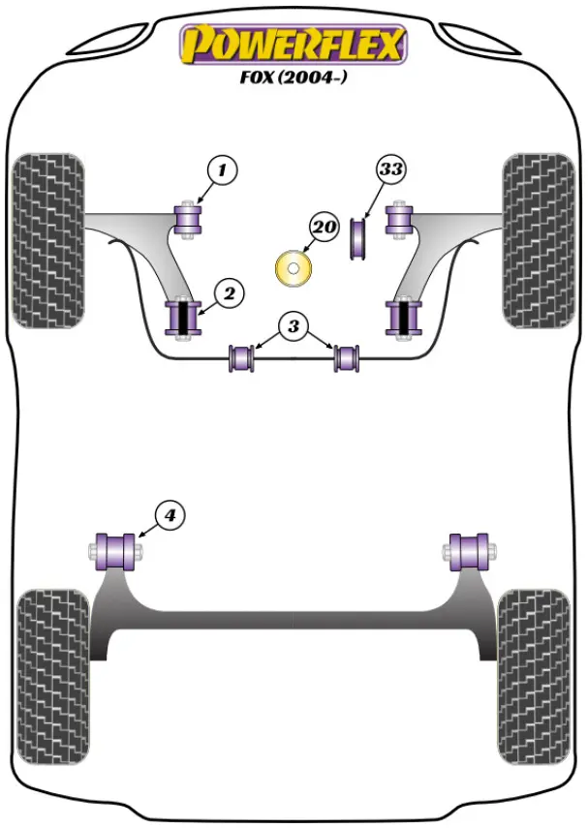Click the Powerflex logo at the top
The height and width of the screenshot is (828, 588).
pos(293,44)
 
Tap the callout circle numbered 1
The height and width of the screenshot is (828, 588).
pos(222,172)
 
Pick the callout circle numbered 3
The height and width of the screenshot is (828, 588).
pos(294,326)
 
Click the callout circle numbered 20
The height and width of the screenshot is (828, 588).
pos(324,228)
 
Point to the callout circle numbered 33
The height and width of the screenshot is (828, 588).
pos(390,169)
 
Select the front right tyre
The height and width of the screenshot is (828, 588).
pos(538,239)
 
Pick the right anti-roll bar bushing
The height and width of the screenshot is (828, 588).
pos(347,357)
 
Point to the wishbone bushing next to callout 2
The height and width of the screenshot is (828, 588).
pos(183,319)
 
